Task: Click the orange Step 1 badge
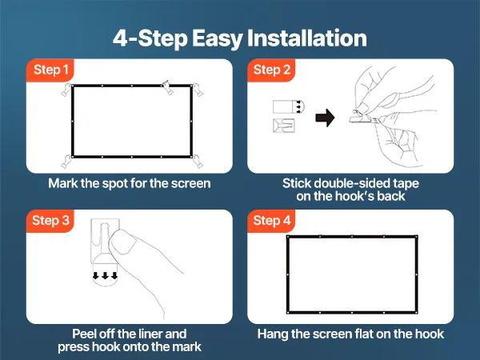[x=50, y=70]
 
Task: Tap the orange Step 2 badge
[x=271, y=70]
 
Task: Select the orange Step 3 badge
[x=50, y=221]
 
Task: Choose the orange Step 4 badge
[x=271, y=221]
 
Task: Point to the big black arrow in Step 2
[x=325, y=118]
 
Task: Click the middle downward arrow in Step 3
[x=106, y=275]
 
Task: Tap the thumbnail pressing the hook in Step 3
[x=123, y=242]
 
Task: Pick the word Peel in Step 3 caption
[x=83, y=334]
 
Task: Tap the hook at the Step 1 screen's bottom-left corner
[x=66, y=162]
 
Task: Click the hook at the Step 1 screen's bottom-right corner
[x=198, y=162]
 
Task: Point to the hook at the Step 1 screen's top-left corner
[x=66, y=90]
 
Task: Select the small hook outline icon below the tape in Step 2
[x=284, y=126]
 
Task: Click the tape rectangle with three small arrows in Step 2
[x=289, y=106]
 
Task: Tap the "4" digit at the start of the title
[x=120, y=38]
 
